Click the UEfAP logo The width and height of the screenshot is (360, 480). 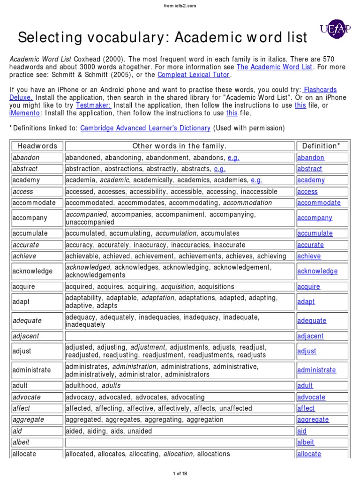point(334,30)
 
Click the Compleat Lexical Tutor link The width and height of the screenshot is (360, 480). point(194,75)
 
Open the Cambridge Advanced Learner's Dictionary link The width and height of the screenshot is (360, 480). point(145,128)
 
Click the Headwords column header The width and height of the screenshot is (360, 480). point(37,146)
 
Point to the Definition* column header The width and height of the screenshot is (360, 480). point(322,146)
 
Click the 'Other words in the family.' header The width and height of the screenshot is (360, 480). point(180,146)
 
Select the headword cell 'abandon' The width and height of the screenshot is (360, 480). point(26,158)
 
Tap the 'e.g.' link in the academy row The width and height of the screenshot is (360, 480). point(257,180)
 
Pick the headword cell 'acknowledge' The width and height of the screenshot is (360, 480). point(33,271)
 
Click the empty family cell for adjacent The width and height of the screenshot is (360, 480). point(180,336)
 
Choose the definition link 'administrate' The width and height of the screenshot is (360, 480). point(316,370)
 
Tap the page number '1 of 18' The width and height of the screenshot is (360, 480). point(180,474)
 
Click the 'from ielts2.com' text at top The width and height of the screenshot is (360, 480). point(180,5)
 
